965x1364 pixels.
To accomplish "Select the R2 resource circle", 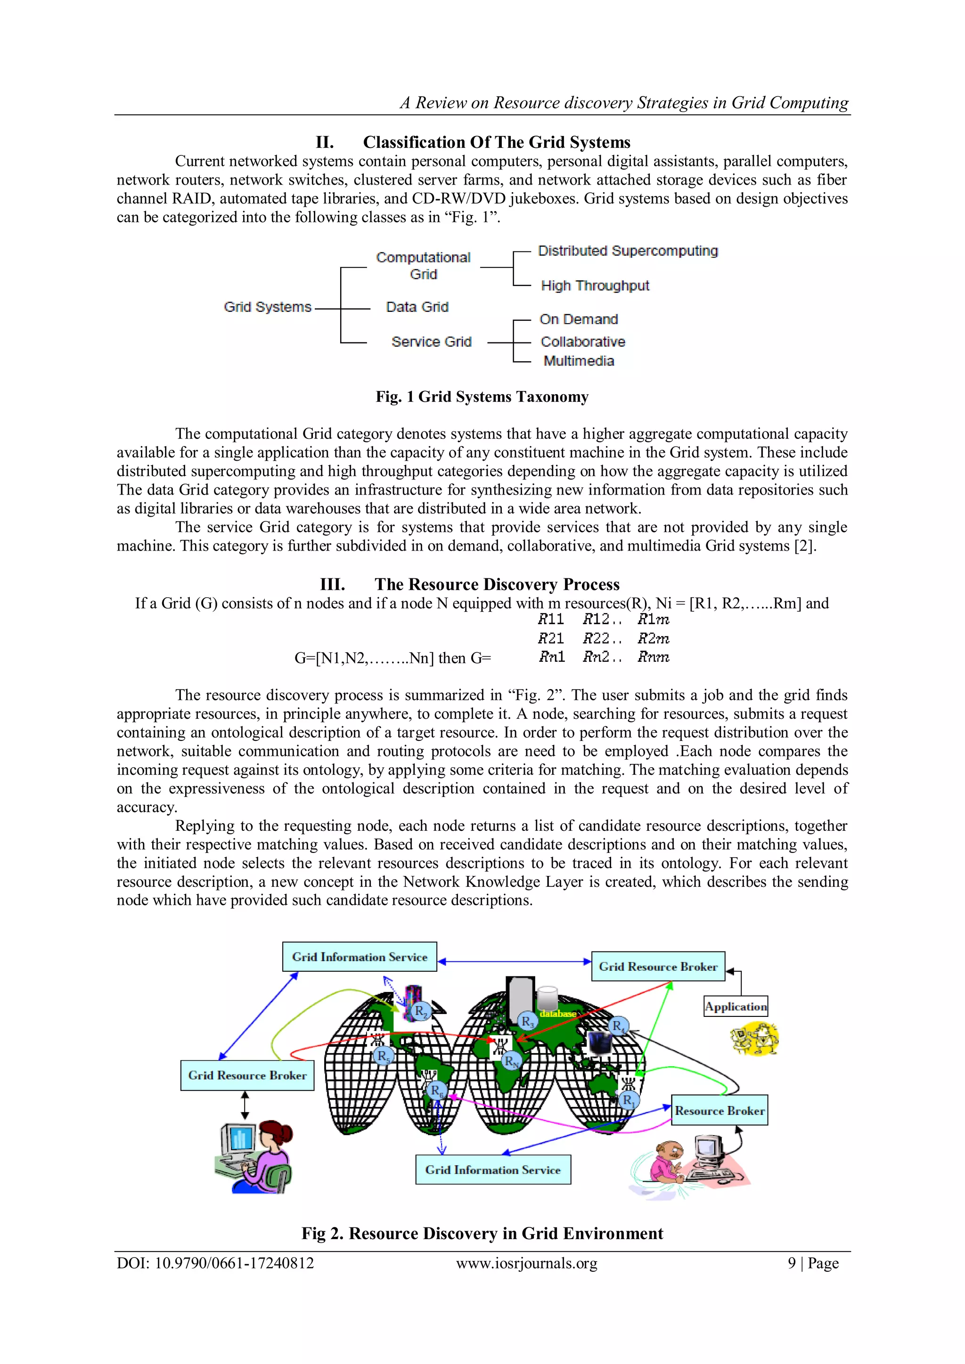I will tap(421, 1011).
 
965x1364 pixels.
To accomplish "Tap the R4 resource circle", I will tap(619, 1025).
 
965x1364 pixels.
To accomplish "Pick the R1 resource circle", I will tap(629, 1100).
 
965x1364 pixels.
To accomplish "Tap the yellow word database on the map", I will tap(557, 1014).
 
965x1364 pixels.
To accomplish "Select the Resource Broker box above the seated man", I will tap(720, 1110).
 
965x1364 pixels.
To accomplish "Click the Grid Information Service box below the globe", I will tap(492, 1170).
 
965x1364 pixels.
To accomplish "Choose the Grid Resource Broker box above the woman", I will tap(247, 1075).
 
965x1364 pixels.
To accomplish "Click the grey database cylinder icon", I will tap(547, 998).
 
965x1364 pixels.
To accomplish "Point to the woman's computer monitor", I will tap(239, 1138).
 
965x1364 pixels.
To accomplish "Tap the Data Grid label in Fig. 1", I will tap(417, 307).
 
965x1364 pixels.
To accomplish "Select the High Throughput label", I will tap(595, 286).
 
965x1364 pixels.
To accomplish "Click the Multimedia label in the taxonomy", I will tap(579, 361).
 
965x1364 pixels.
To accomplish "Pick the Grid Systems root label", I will tap(267, 307).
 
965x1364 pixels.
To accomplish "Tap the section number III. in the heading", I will tap(332, 585).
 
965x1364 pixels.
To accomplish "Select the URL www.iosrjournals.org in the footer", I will tap(526, 1264).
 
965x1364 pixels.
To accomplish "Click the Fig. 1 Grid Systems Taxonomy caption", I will tap(482, 397).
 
